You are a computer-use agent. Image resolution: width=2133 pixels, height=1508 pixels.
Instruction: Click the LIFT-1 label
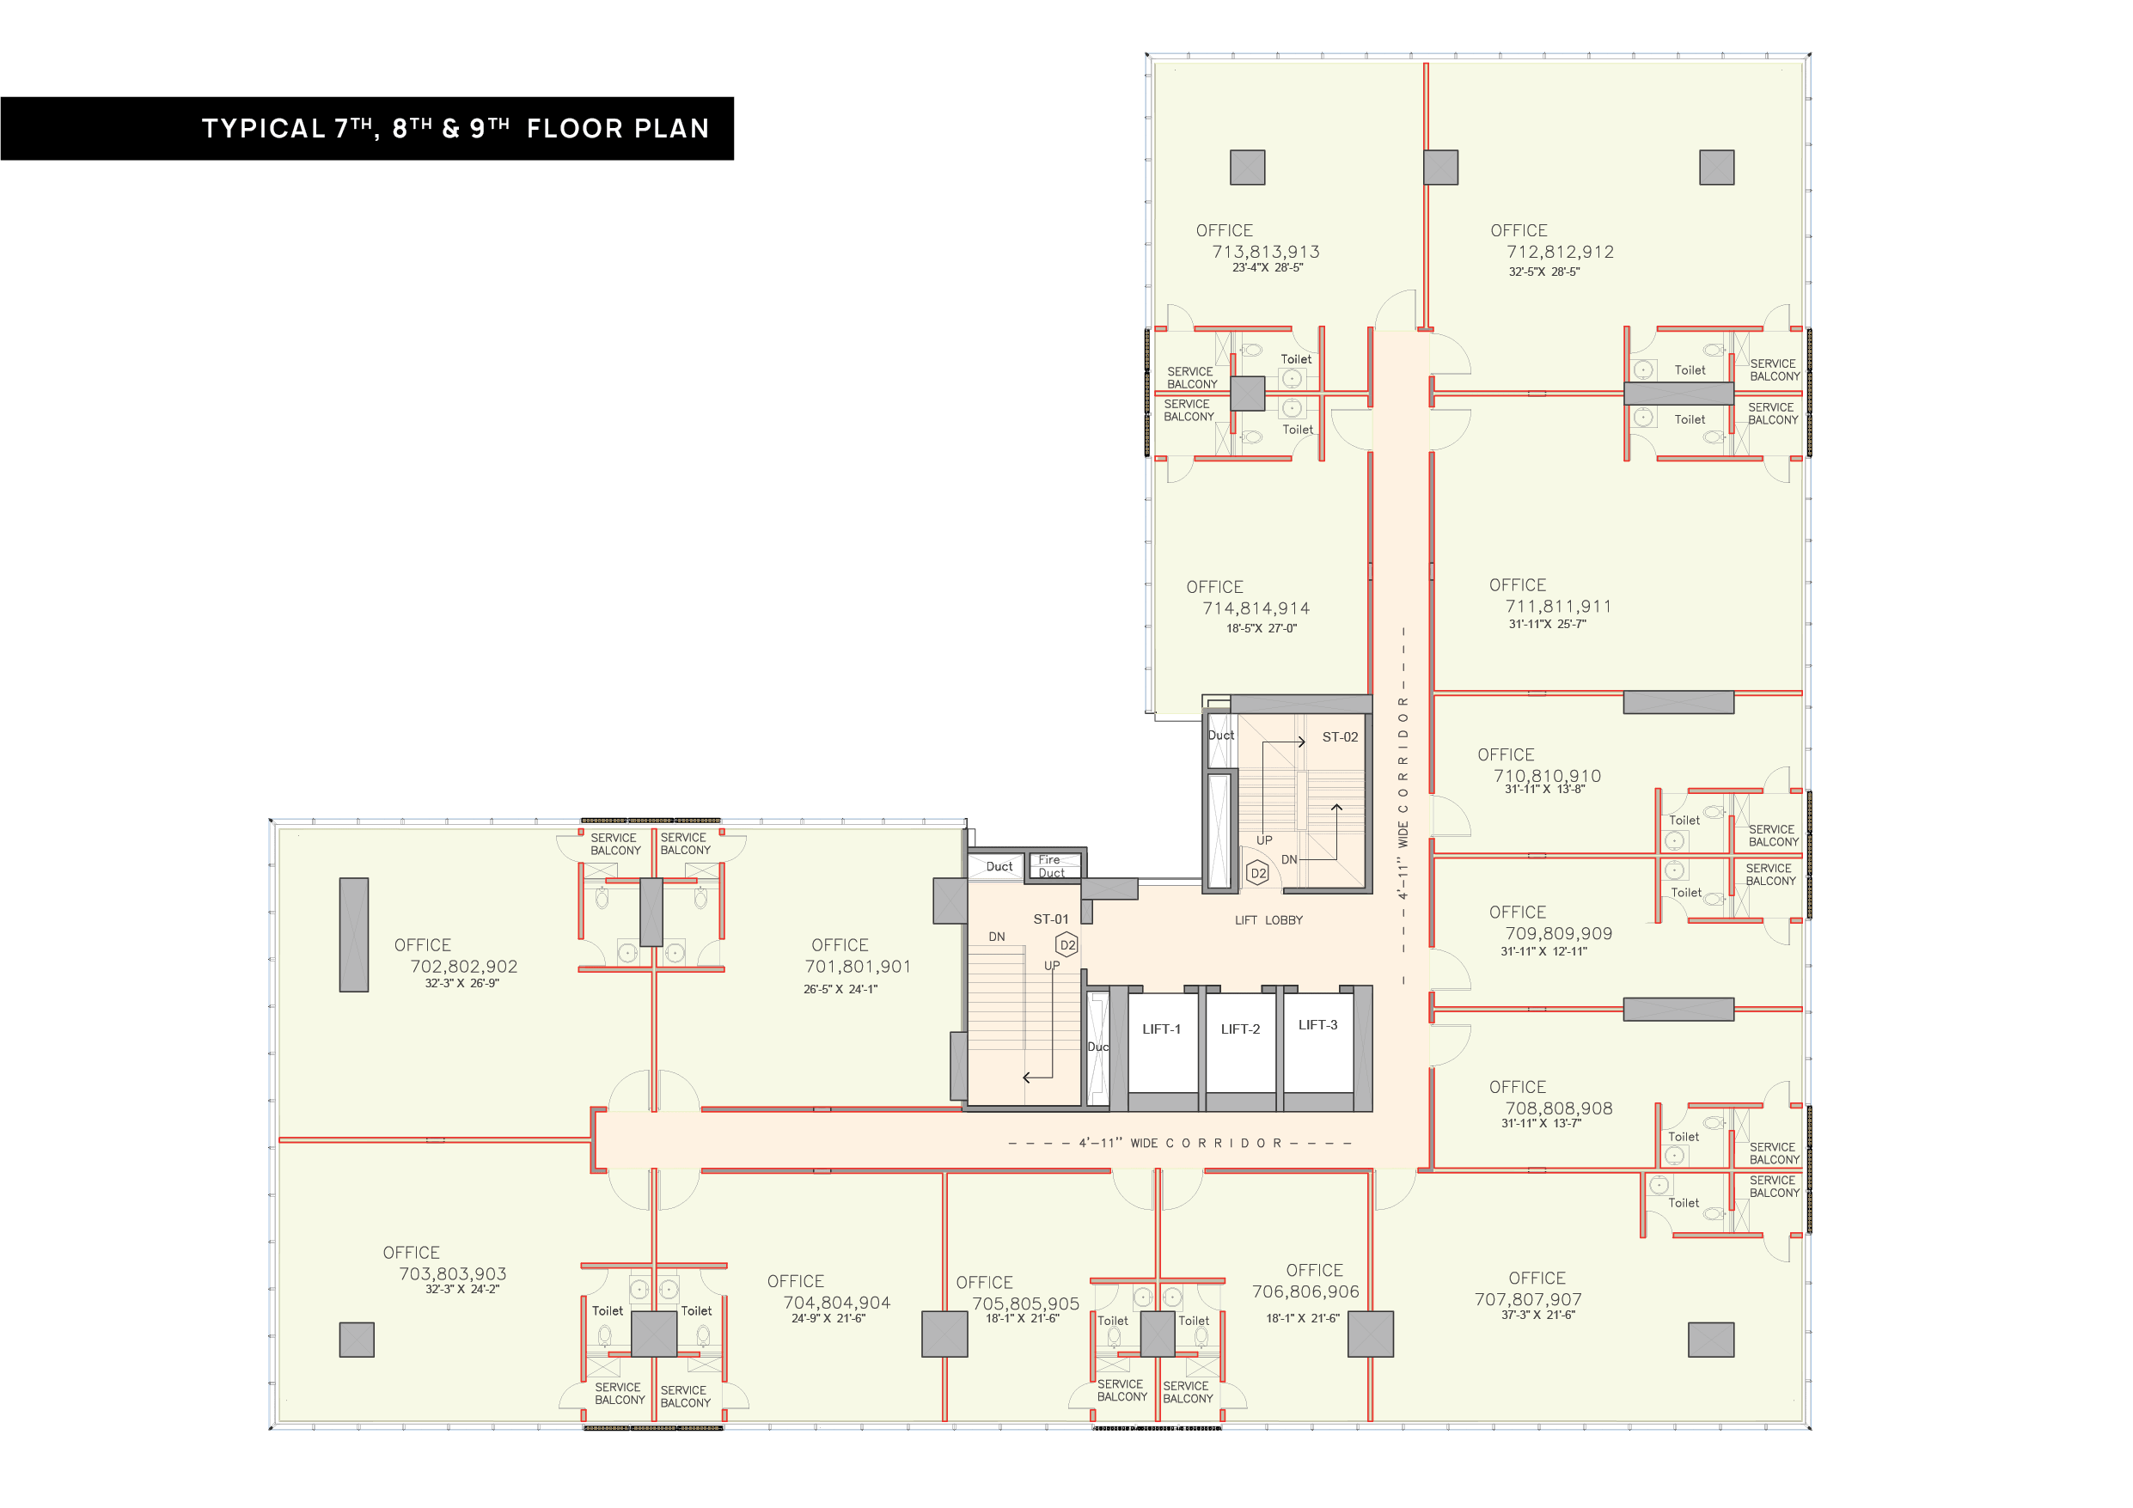pos(1161,1029)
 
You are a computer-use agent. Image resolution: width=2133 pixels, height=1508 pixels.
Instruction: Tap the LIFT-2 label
pos(1240,1029)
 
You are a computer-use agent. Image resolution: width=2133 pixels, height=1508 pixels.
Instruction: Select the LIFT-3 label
pos(1317,1025)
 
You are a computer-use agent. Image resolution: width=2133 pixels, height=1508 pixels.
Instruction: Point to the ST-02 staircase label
pos(1340,736)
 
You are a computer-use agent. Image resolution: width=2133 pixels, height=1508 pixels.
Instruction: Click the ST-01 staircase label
pos(1051,919)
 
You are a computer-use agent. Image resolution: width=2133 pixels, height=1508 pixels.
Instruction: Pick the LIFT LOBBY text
pos(1268,920)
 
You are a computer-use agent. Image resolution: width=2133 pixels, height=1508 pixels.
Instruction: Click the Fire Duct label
pos(1051,866)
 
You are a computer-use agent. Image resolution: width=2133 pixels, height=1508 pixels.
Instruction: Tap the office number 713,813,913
pos(1265,252)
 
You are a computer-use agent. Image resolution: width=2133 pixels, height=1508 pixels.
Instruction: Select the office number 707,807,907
pos(1528,1299)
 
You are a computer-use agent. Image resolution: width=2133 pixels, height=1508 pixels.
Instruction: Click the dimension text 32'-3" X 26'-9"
pos(461,983)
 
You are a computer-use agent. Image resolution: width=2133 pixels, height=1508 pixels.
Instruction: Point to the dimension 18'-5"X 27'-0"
pos(1262,628)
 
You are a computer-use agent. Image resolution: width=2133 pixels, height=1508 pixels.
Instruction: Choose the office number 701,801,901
pos(858,967)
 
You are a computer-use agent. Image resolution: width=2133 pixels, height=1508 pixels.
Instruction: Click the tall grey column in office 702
pos(354,935)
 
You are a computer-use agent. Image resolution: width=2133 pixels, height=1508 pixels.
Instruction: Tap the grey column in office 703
pos(357,1340)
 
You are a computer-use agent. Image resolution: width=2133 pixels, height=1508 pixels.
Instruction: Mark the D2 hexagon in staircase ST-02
pos(1258,873)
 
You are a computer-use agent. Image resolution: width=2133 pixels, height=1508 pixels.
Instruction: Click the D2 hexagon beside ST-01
pos(1067,945)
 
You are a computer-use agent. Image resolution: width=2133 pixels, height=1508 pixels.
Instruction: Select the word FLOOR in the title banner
pos(575,128)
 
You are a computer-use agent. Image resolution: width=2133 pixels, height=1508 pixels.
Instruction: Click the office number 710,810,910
pos(1547,776)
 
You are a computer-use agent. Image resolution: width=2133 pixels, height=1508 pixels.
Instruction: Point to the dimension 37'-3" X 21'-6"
pos(1538,1315)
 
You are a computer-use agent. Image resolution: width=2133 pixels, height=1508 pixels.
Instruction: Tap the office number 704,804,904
pos(836,1303)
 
